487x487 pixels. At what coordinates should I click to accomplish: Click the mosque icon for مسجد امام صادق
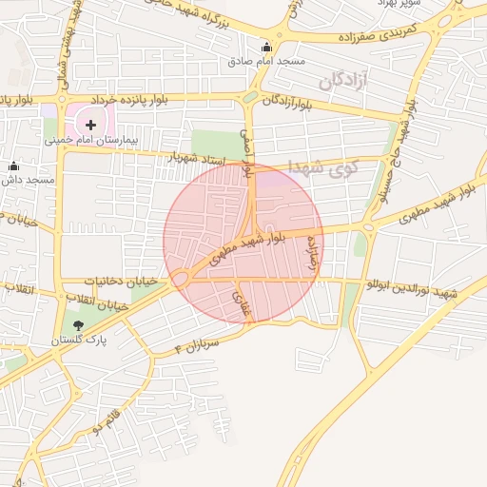tap(266, 48)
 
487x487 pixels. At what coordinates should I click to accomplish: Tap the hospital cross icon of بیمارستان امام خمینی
tap(91, 124)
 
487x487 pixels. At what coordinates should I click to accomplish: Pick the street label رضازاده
tap(309, 254)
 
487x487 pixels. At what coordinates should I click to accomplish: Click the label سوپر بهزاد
tap(397, 3)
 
